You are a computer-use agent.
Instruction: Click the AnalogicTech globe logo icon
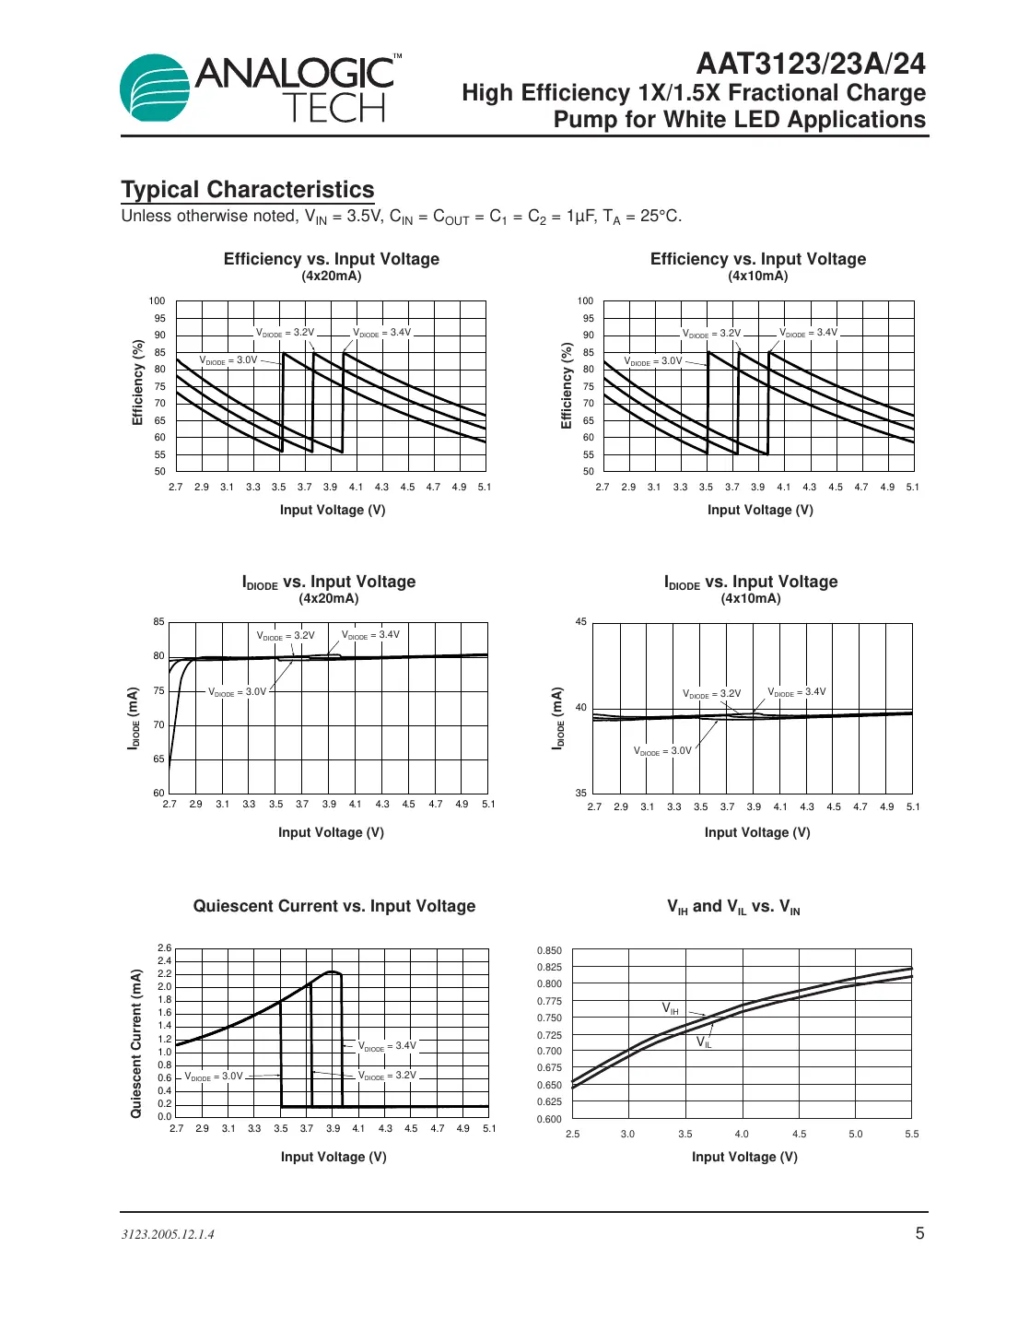tap(155, 88)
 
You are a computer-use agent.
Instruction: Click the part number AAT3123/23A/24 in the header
tap(810, 64)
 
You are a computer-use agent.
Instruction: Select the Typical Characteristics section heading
tap(248, 190)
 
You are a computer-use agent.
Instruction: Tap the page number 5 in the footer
tap(919, 1233)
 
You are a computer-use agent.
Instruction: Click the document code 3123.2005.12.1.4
tap(168, 1234)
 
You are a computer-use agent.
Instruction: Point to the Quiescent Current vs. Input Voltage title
tap(334, 906)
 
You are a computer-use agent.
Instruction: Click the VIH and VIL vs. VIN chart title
tap(733, 907)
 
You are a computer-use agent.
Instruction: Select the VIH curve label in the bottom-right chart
tap(671, 1009)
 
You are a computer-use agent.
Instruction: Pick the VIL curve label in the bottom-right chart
tap(704, 1042)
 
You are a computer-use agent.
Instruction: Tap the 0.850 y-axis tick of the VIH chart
tap(549, 950)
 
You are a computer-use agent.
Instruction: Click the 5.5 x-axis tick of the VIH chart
tap(911, 1134)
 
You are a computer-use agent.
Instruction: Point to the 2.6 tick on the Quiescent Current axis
tap(164, 947)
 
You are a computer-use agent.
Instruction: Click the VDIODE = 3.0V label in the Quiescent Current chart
tap(214, 1077)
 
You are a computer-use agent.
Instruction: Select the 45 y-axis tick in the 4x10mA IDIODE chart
tap(580, 622)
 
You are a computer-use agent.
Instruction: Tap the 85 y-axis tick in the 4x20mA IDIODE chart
tap(158, 622)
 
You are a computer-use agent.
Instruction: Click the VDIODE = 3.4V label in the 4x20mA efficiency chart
tap(382, 333)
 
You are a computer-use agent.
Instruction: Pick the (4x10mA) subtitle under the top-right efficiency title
tap(757, 276)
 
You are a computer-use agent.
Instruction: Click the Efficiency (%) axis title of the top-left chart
tap(138, 382)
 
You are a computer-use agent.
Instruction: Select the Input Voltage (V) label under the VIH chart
tap(744, 1157)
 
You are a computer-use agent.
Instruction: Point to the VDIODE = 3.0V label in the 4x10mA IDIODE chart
tap(662, 751)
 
